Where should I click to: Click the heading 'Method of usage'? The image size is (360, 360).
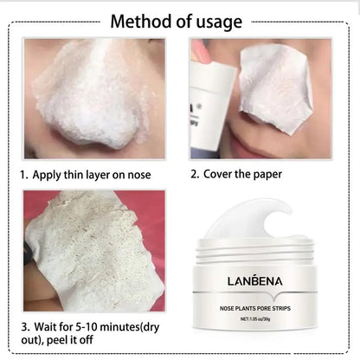click(180, 20)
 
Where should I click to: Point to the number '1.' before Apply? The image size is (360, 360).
click(24, 174)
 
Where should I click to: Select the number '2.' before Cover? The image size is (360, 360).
click(195, 174)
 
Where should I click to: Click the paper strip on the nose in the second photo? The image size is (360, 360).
click(275, 82)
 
